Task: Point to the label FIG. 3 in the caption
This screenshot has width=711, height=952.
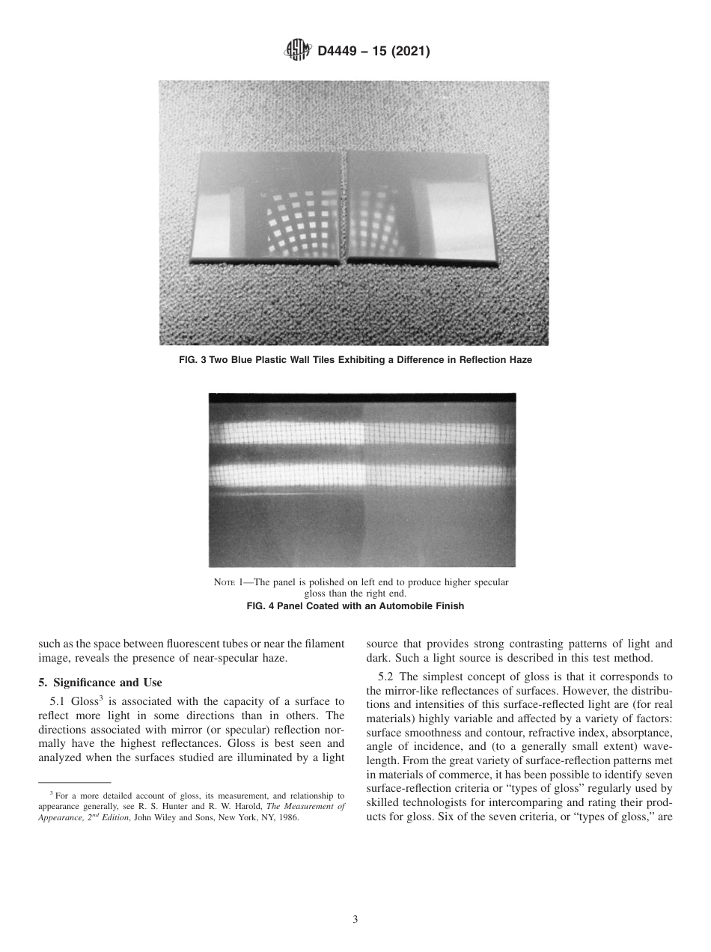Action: coord(192,360)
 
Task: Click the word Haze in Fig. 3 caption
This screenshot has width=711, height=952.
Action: coord(517,360)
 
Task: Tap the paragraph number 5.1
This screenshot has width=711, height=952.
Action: coord(58,702)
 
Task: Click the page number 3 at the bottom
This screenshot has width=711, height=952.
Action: coord(355,920)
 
